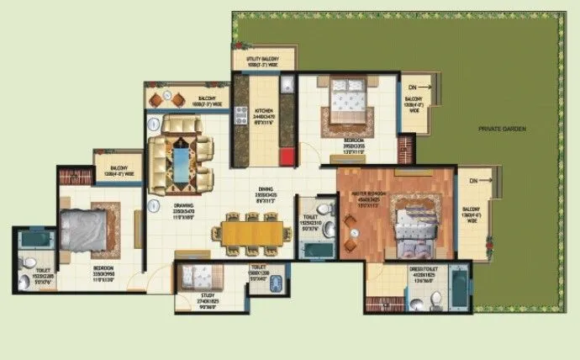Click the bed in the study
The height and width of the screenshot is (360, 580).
[x=194, y=274]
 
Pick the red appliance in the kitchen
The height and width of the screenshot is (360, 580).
[x=288, y=156]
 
